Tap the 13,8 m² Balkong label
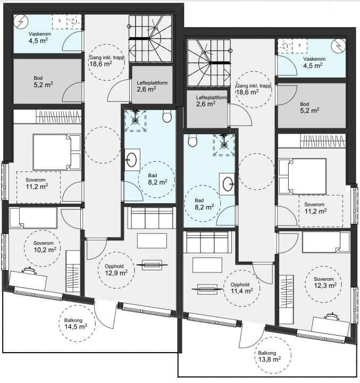pyautogui.click(x=270, y=356)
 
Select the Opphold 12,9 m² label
pyautogui.click(x=116, y=270)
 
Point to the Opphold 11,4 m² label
pyautogui.click(x=242, y=288)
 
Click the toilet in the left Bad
pyautogui.click(x=167, y=116)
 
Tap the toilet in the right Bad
pyautogui.click(x=192, y=140)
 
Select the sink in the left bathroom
pyautogui.click(x=132, y=160)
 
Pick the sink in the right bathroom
pyautogui.click(x=227, y=184)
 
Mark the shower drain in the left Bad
pyautogui.click(x=135, y=120)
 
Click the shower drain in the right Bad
pyautogui.click(x=224, y=145)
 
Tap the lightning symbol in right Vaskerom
pyautogui.click(x=339, y=46)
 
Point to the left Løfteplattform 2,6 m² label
pyautogui.click(x=152, y=86)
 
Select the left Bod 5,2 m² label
pyautogui.click(x=43, y=81)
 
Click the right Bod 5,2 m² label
pyautogui.click(x=309, y=107)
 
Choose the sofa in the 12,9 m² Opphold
pyautogui.click(x=152, y=218)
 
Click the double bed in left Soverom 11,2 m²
pyautogui.click(x=57, y=152)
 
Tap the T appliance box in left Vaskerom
pyautogui.click(x=60, y=21)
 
